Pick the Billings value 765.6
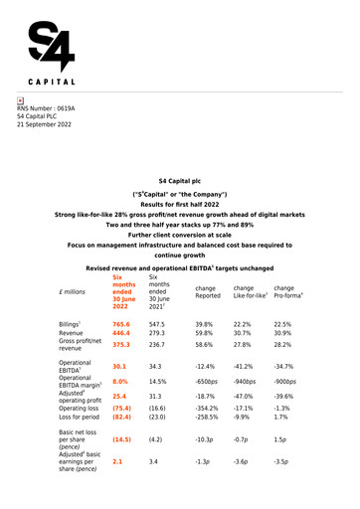[x=122, y=324]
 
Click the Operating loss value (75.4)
[x=122, y=408]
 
